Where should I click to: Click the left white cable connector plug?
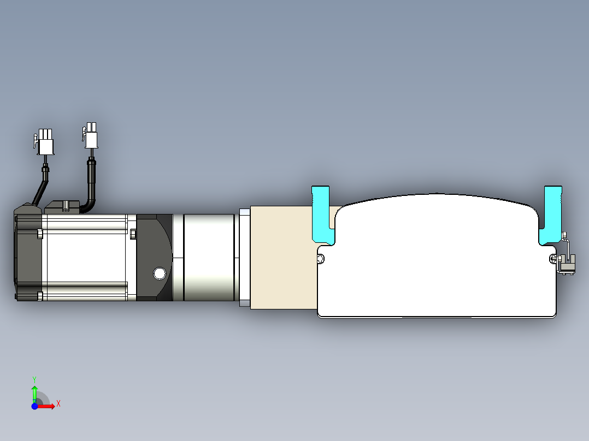click(45, 142)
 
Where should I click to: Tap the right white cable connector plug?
click(91, 135)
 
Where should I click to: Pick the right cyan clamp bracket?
click(551, 216)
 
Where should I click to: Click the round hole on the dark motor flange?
click(160, 273)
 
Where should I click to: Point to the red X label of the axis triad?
click(58, 404)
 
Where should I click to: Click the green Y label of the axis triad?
click(34, 380)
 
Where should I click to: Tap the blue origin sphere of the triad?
click(34, 406)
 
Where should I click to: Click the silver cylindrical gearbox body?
click(209, 258)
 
